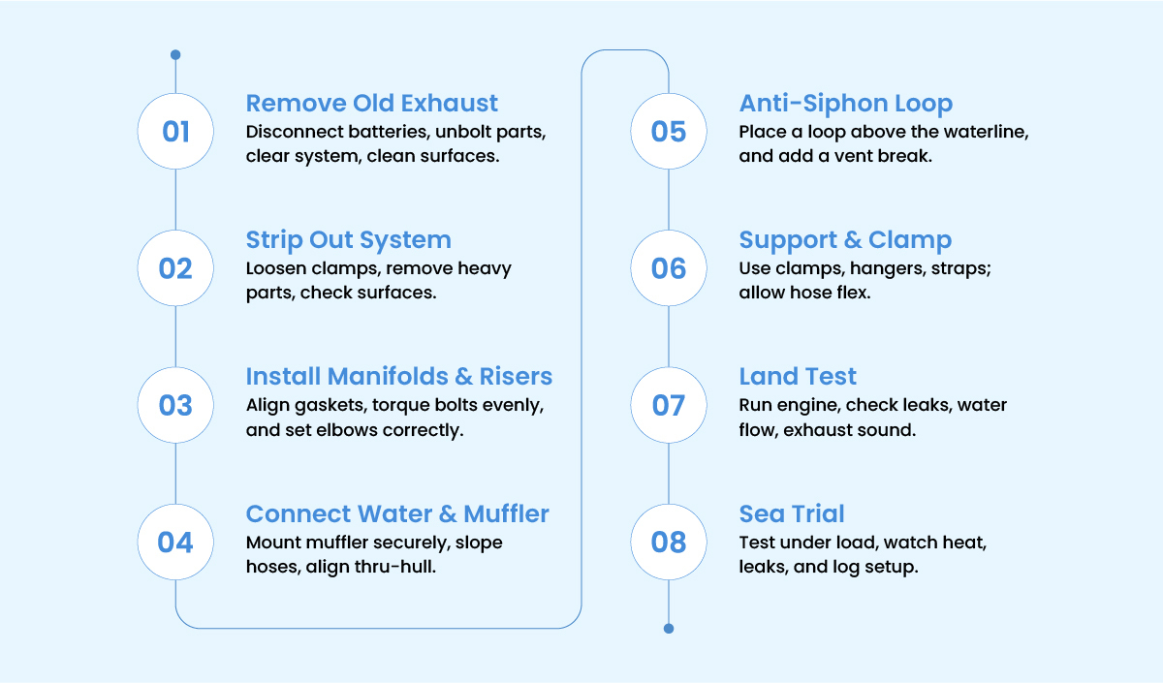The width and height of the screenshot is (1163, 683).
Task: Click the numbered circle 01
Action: coord(175,132)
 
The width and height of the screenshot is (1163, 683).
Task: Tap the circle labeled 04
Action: coord(175,542)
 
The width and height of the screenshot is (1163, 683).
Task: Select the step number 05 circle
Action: coord(669,132)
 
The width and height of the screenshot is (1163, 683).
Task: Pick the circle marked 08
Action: coord(669,542)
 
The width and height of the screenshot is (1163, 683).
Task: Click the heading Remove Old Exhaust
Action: coord(372,103)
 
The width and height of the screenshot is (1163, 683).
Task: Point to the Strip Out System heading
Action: coord(348,240)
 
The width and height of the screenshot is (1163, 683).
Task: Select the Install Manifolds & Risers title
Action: coord(398,376)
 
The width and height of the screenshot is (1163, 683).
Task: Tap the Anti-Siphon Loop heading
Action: coord(846,103)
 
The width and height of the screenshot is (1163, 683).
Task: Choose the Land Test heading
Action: coord(798,376)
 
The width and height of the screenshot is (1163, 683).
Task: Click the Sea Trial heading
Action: coord(792,513)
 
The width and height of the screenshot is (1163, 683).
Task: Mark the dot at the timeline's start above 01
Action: coord(175,54)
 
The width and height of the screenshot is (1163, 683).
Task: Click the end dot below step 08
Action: coord(669,629)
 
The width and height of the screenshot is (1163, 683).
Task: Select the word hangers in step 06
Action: coord(888,269)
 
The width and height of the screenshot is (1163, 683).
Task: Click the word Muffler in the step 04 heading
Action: coord(506,513)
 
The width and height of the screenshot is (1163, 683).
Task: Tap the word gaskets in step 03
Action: coord(330,406)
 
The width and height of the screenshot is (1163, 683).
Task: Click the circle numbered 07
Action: coord(669,405)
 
